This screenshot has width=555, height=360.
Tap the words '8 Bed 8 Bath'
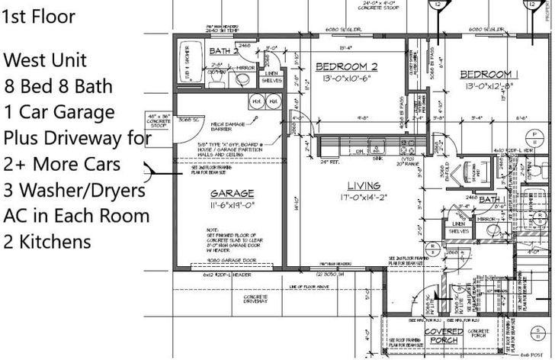[x=53, y=86]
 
